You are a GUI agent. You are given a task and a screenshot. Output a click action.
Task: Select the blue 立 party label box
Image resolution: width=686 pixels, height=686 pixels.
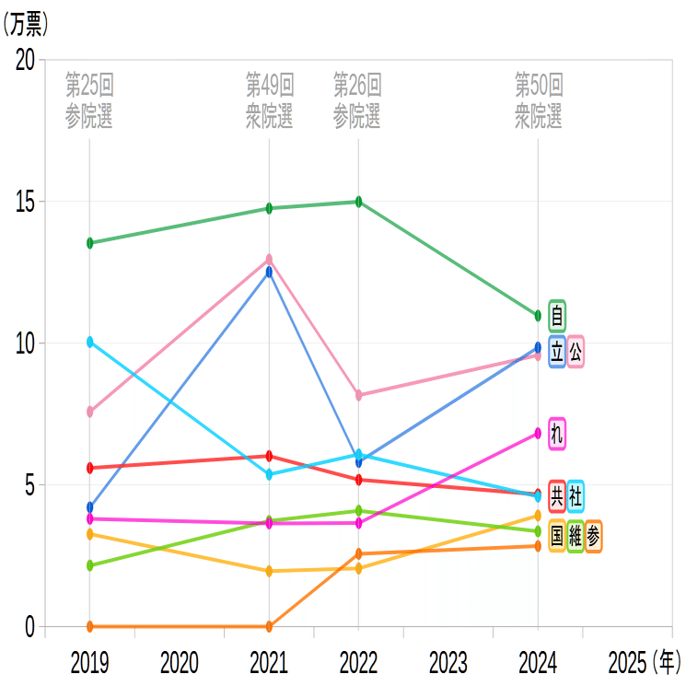coord(557,352)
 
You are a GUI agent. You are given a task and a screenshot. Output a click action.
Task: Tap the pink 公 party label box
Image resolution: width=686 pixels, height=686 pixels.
coord(576,352)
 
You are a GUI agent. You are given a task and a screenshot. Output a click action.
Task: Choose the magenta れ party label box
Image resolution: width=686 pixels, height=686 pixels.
coord(557,433)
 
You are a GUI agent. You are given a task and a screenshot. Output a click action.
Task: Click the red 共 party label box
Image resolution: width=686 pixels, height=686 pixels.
coord(557,495)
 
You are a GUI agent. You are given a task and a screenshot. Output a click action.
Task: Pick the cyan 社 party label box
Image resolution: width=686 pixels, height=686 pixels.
coord(576,495)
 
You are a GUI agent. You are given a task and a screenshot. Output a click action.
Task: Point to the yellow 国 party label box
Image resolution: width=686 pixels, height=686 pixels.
coord(557,535)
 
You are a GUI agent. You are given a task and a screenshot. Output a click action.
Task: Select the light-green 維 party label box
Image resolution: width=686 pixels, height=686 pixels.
coord(576,535)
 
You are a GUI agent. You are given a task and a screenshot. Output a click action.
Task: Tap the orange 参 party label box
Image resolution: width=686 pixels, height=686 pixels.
coord(594,535)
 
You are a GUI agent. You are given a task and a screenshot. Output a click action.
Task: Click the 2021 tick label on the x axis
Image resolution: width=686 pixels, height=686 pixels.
coord(269,661)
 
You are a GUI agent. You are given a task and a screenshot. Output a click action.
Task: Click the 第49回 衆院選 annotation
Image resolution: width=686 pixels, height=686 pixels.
coord(269,101)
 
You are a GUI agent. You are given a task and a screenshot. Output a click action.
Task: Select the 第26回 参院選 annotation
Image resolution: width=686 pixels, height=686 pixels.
coord(357,101)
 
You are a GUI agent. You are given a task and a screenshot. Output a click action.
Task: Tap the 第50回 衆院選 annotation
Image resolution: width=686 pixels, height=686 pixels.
coord(538,101)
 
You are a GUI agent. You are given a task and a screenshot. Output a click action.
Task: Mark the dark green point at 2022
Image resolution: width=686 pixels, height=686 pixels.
coord(358,202)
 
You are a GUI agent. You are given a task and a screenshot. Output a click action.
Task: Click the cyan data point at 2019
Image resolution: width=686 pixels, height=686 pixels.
coord(90,342)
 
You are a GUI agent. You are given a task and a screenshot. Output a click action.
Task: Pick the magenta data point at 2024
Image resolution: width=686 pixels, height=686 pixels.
coord(538,433)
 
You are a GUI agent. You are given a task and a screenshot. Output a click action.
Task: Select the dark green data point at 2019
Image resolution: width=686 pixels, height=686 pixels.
coord(90,243)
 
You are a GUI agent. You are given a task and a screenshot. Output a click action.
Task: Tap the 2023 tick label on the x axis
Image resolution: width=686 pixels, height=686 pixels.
coord(448,661)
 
